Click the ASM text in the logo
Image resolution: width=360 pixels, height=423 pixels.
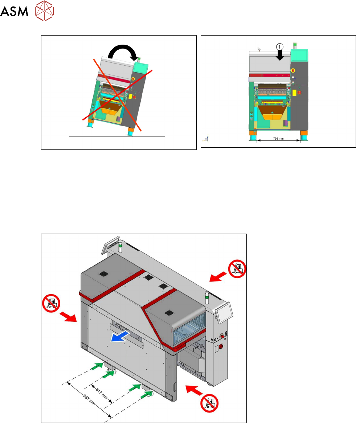pos(14,13)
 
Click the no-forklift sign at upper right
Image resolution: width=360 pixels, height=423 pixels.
pos(237,269)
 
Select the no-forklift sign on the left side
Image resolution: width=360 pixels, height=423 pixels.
pos(50,303)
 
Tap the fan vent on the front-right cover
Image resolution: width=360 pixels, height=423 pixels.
pos(168,312)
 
